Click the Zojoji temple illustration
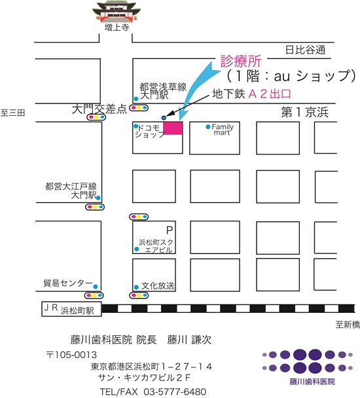[117, 11]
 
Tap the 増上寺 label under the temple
[117, 27]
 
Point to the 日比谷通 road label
[305, 50]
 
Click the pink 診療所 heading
[241, 61]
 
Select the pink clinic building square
[173, 128]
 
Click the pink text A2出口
[270, 94]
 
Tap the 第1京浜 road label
[304, 112]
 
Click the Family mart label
[223, 130]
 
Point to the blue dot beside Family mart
[208, 126]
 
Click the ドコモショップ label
[150, 131]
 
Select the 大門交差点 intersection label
[99, 109]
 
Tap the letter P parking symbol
[170, 230]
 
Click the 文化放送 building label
[158, 286]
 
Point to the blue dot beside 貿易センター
[96, 287]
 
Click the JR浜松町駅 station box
[71, 309]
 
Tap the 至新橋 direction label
[348, 325]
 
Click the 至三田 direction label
[12, 113]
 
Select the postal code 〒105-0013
[71, 355]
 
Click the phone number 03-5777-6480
[175, 391]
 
